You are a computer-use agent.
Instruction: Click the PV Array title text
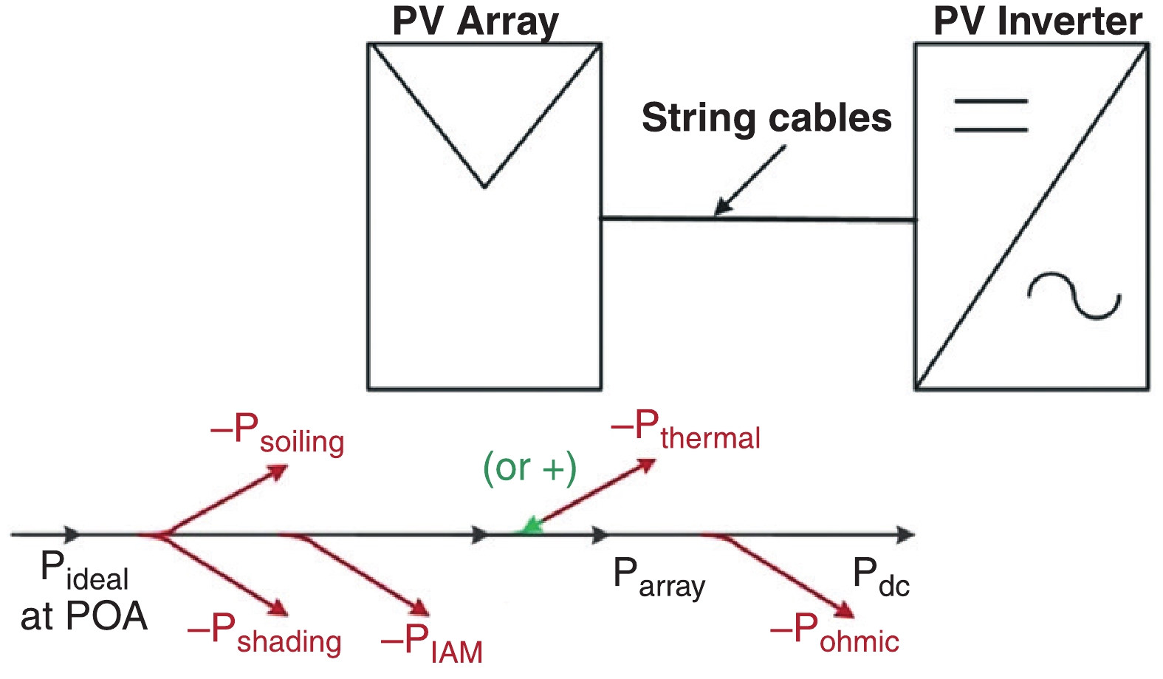click(x=475, y=21)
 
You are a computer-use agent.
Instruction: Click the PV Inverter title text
click(x=1037, y=21)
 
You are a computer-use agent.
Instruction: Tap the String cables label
click(x=766, y=118)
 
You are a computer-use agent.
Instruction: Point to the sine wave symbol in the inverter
click(x=1075, y=296)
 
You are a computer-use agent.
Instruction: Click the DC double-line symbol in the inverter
click(x=991, y=115)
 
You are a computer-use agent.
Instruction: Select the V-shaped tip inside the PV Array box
click(x=484, y=185)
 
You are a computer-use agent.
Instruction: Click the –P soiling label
click(x=278, y=434)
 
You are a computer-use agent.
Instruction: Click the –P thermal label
click(x=685, y=430)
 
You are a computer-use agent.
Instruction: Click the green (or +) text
click(x=529, y=468)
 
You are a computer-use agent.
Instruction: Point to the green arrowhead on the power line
click(x=529, y=527)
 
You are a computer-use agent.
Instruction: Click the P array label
click(x=659, y=578)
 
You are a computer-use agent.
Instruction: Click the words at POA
click(x=84, y=617)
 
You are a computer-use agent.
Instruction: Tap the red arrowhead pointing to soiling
click(x=279, y=470)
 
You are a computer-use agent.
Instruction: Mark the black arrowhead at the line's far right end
click(x=906, y=533)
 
